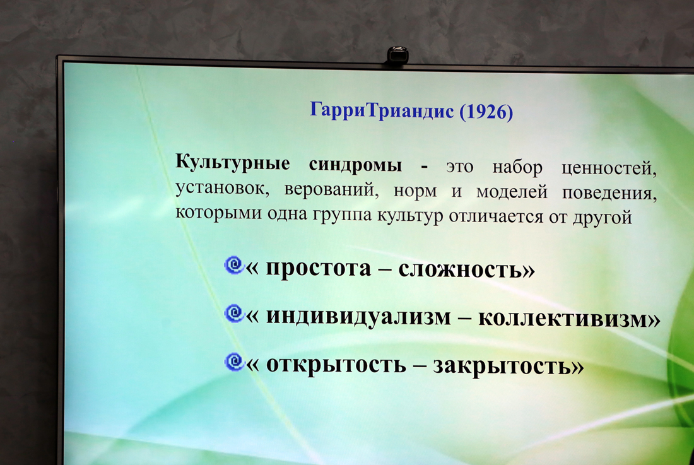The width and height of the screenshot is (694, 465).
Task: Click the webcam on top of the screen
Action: coord(397,56)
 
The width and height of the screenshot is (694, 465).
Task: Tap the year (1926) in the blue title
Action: coord(486,112)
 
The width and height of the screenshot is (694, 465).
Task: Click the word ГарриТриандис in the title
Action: coord(382,110)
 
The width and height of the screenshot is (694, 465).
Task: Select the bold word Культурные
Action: coord(233,162)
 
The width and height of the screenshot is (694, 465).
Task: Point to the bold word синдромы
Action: coord(355,165)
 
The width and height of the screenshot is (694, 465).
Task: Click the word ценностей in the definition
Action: coord(609,168)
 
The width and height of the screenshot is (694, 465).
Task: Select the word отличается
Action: coord(496,217)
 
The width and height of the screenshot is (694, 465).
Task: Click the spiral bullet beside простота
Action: coord(234,266)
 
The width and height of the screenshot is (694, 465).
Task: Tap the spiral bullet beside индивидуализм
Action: coord(234,314)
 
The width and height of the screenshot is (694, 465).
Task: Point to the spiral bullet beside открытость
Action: coord(234,362)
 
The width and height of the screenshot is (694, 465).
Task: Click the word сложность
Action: coord(461,269)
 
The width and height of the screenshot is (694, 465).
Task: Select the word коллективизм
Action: coord(563,319)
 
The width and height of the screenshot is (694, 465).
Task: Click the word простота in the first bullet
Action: coord(318,268)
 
